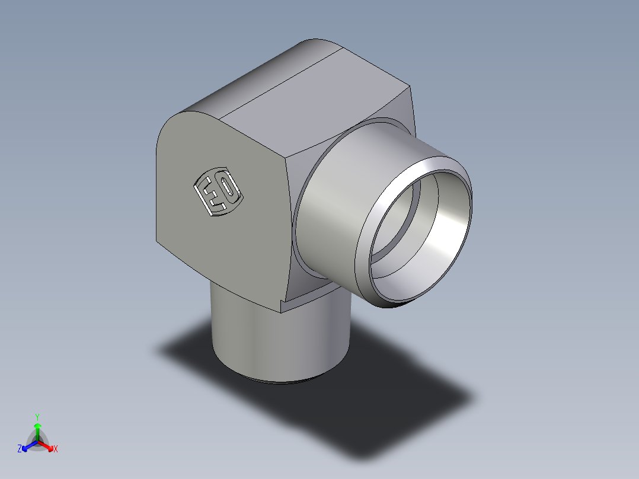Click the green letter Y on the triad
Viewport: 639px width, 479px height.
pos(37,417)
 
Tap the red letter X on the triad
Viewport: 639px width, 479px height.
pos(56,449)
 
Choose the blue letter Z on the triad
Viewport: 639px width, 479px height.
pos(20,449)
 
